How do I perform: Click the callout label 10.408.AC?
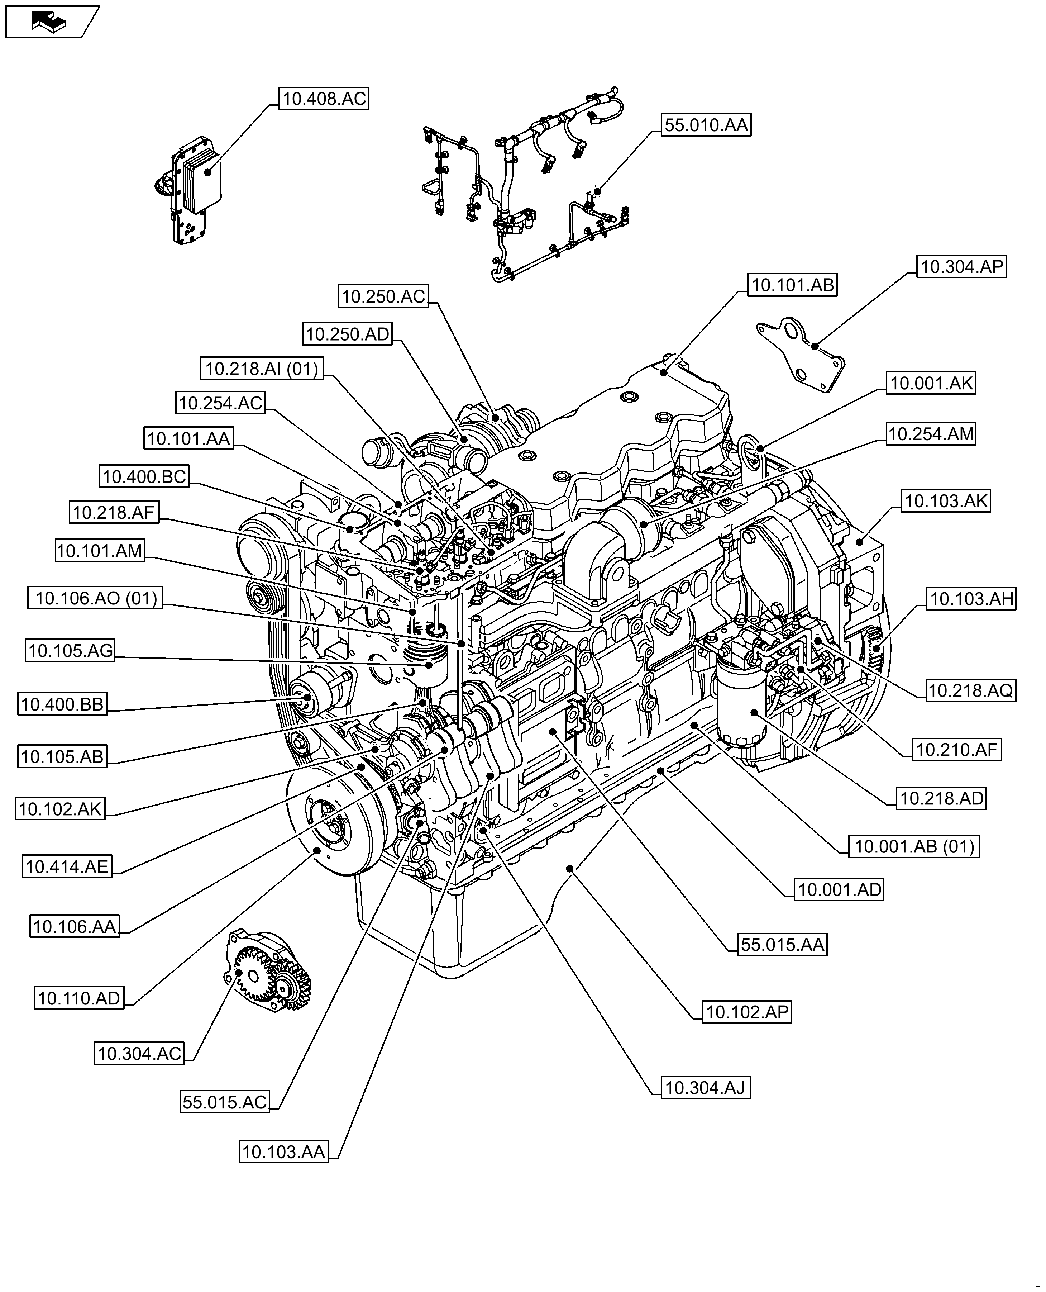[x=324, y=98]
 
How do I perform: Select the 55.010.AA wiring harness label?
[x=706, y=125]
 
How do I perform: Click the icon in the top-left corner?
[x=51, y=22]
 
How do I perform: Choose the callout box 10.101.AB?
[x=792, y=285]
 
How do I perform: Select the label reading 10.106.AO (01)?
[x=95, y=598]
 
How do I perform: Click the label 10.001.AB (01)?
[x=914, y=847]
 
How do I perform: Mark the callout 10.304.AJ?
[x=706, y=1088]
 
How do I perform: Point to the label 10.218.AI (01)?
[x=262, y=368]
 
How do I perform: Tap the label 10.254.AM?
[x=931, y=434]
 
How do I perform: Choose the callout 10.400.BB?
[x=62, y=704]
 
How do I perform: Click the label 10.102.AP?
[x=746, y=1012]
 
